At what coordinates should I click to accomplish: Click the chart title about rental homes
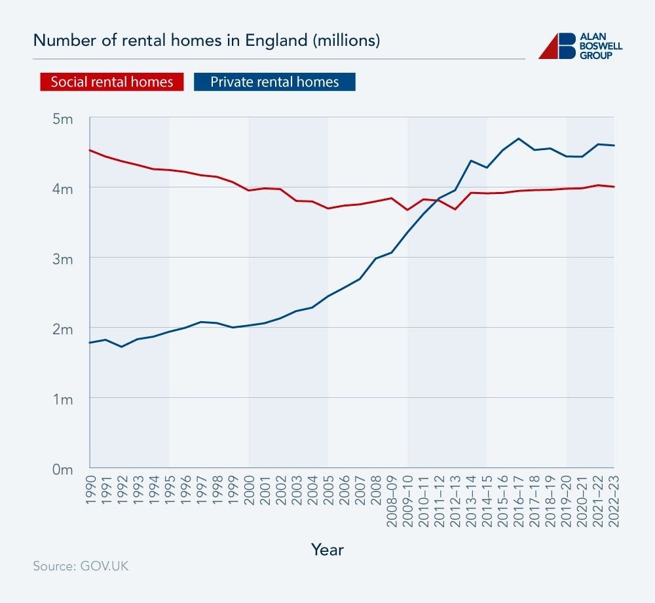tap(206, 41)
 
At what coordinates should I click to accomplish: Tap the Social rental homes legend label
tap(112, 82)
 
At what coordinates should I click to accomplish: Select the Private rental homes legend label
tap(274, 82)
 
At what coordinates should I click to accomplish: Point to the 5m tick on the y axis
tap(63, 119)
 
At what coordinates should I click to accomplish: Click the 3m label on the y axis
tap(63, 258)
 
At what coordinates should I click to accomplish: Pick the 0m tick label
tap(63, 469)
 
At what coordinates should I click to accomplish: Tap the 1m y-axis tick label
tap(63, 399)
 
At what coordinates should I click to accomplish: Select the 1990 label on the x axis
tap(90, 488)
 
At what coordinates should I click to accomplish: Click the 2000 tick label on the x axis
tap(249, 488)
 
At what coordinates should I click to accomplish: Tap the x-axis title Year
tap(327, 549)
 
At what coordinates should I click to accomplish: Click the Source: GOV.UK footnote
tap(81, 566)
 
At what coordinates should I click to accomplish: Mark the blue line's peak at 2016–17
tap(519, 138)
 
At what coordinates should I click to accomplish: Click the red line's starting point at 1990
tap(90, 150)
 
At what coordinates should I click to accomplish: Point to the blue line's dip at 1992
tap(122, 346)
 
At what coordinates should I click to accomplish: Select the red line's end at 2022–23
tap(614, 187)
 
